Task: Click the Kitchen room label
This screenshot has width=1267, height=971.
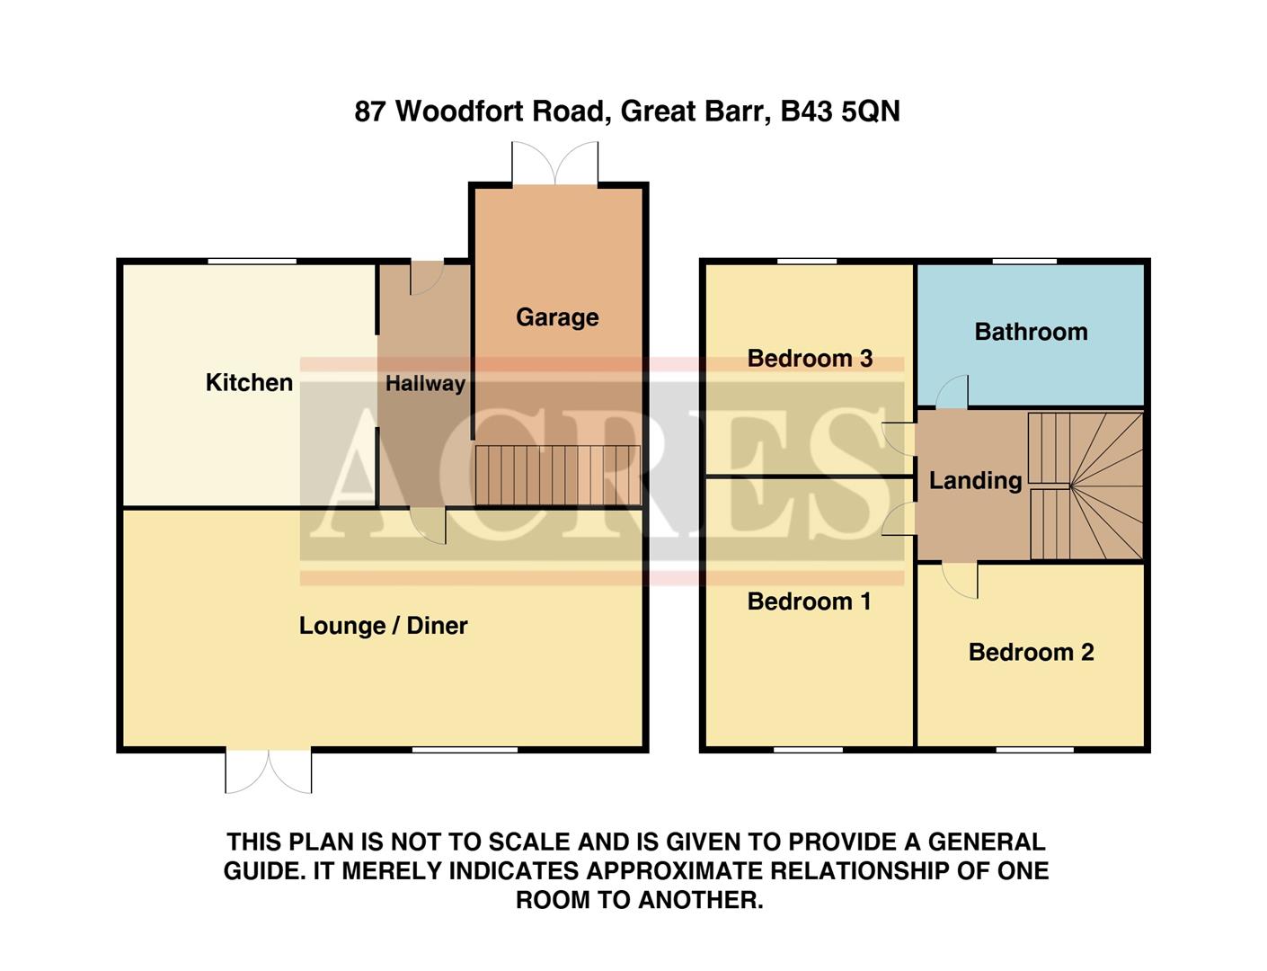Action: point(249,383)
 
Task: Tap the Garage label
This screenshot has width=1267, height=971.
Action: point(557,317)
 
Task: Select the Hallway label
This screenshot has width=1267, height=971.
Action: point(425,384)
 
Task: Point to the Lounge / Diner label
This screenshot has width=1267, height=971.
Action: point(383,626)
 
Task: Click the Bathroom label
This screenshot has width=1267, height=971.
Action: point(1031,332)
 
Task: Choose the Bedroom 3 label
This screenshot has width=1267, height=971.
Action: point(810,359)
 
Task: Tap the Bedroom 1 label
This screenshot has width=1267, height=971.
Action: point(809,601)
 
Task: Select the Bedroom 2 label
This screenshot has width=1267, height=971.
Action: point(1031,653)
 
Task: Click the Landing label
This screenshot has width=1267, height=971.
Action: point(975,481)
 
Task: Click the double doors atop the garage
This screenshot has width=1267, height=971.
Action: point(554,164)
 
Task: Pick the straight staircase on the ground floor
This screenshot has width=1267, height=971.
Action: point(557,476)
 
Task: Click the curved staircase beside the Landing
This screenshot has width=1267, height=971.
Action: point(1085,486)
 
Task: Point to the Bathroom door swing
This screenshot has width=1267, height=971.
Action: point(952,393)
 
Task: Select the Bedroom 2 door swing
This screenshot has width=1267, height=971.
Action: point(961,579)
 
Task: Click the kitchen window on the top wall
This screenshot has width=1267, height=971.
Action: point(252,262)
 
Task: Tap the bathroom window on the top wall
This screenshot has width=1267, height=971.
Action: point(1024,262)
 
